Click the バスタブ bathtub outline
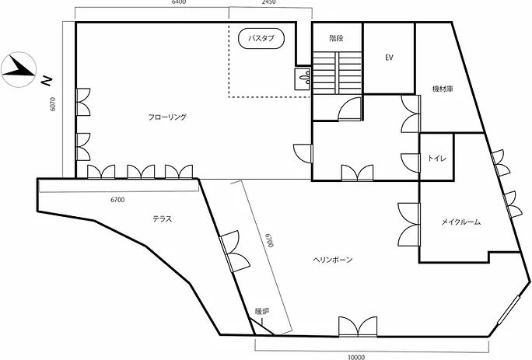tap(261, 30)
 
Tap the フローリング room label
tap(167, 117)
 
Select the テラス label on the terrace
tap(163, 218)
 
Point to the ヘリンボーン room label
tap(333, 260)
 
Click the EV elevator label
tap(389, 58)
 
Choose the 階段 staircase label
tap(336, 38)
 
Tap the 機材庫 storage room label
tap(443, 89)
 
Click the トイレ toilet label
tap(437, 158)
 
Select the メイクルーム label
tap(460, 222)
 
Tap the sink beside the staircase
tap(303, 79)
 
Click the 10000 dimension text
tap(356, 357)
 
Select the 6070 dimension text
tap(53, 104)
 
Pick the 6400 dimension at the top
tap(179, 2)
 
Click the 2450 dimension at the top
tap(268, 2)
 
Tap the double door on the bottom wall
tap(358, 327)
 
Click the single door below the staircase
tap(349, 108)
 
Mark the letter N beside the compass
tap(47, 81)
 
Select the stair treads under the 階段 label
tap(337, 72)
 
